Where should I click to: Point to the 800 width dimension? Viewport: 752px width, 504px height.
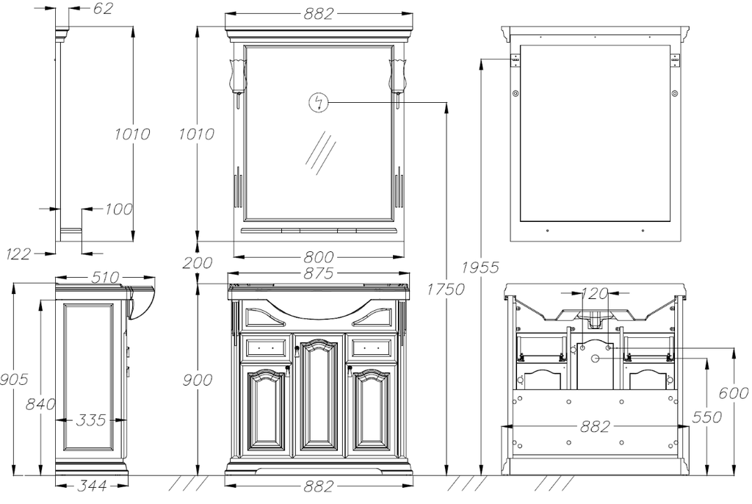pos(318,257)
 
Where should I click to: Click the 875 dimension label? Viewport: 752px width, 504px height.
pos(318,274)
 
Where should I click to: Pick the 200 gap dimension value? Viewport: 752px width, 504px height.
pos(198,263)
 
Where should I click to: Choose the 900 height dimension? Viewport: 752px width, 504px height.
pos(198,380)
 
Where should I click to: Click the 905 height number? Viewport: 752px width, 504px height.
pos(13,380)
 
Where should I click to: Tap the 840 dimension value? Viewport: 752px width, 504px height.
pos(40,403)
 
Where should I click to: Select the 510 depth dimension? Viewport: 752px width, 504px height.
pos(105,278)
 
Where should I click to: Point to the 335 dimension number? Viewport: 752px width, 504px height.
pos(90,420)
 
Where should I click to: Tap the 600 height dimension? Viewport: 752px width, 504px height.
pos(734,394)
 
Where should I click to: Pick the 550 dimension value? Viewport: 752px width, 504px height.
pos(707,417)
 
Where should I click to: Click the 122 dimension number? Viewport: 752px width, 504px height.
pos(18,254)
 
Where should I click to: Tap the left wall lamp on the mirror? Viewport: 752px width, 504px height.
pos(238,73)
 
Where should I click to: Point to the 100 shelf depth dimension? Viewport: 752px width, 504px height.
pos(118,209)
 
